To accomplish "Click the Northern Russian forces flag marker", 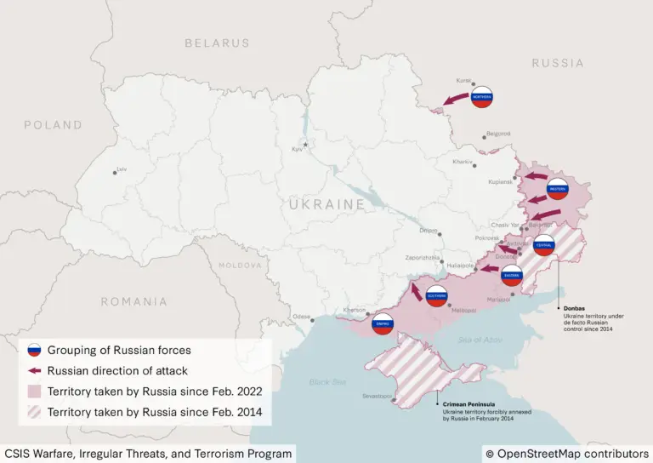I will pos(482,97).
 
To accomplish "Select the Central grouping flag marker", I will pos(543,245).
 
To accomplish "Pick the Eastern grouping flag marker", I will pos(511,274).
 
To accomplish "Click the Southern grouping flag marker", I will pos(436,296).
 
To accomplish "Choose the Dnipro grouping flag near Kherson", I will pos(383,323).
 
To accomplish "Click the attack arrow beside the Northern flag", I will pos(455,101).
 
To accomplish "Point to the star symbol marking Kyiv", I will pos(307,144).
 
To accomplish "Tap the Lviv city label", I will pos(122,169).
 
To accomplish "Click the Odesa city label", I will pos(302,317).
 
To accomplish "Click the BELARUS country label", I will pos(218,43).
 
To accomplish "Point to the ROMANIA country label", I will pos(134,301).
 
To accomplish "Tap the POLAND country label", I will pos(53,124).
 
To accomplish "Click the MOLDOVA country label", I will pos(241,266).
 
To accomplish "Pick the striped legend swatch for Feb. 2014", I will pos(34,412).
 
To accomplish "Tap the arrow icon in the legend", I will pos(34,371).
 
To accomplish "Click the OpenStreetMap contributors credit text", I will pos(567,454).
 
